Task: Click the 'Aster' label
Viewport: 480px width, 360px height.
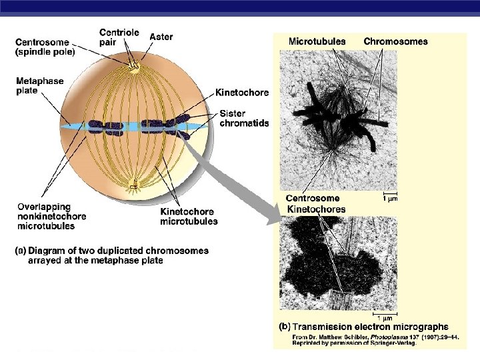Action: tap(161, 37)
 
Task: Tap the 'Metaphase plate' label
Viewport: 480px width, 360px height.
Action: tap(39, 86)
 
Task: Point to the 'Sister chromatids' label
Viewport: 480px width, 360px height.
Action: tap(244, 119)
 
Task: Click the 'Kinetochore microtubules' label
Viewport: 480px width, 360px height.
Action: tap(189, 217)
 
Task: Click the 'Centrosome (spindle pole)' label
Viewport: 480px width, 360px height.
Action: tap(45, 47)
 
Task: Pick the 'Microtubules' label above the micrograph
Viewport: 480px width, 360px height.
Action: tap(317, 41)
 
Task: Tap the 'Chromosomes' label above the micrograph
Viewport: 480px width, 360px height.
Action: tap(395, 41)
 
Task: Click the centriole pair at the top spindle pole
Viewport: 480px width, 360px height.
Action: tap(134, 67)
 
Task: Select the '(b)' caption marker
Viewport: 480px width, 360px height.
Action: tap(283, 327)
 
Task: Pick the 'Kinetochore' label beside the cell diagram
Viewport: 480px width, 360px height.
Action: tap(242, 93)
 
